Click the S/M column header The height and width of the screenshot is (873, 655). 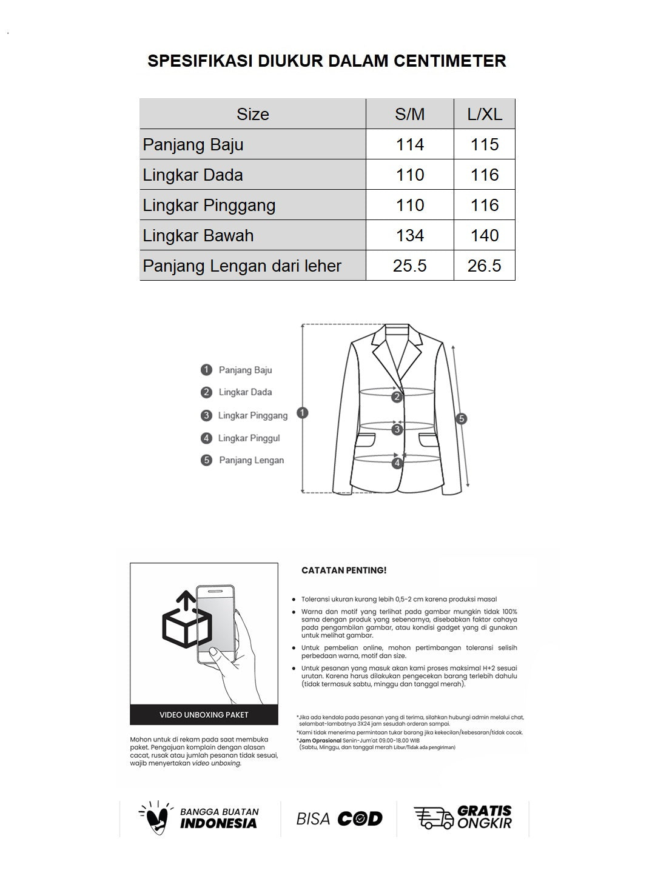409,114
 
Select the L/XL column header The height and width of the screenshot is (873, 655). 485,114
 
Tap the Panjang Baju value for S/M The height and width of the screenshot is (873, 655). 409,144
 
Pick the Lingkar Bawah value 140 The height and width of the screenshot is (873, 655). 485,235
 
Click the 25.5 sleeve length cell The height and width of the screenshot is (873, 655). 409,266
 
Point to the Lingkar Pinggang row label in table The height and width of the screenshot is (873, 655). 209,205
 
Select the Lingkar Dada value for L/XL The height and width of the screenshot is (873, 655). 485,175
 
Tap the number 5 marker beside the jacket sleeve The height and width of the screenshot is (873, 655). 462,418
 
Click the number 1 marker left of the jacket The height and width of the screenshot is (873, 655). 303,413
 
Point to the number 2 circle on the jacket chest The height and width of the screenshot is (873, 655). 397,397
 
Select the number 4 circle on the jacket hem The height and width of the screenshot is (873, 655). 397,463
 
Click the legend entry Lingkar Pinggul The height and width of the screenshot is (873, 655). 249,438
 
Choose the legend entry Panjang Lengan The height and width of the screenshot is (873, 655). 251,460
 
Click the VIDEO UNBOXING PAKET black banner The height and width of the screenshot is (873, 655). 204,715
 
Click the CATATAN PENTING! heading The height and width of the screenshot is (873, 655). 344,570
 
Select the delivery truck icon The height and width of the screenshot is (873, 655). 433,818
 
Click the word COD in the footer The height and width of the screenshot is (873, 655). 360,819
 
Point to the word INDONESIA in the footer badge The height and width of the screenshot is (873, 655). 218,823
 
